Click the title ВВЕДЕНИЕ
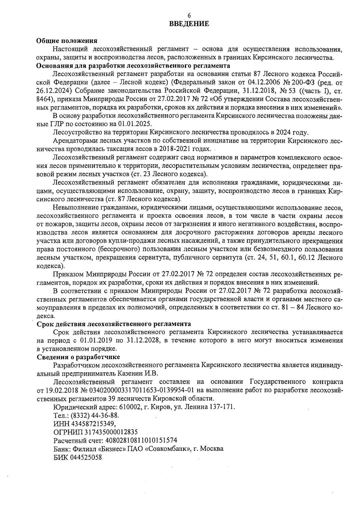[189, 24]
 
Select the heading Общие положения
[67, 41]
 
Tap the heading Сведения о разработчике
[78, 357]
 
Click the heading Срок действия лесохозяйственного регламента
[114, 324]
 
